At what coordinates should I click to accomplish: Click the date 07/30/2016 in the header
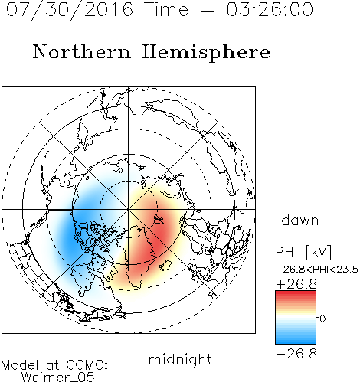pyautogui.click(x=70, y=10)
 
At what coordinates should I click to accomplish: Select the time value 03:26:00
pyautogui.click(x=270, y=9)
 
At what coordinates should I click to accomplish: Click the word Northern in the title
pyautogui.click(x=82, y=51)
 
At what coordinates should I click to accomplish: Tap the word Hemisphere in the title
pyautogui.click(x=206, y=53)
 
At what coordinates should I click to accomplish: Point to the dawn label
pyautogui.click(x=300, y=220)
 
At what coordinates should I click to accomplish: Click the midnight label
pyautogui.click(x=180, y=360)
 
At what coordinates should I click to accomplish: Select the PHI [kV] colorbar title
pyautogui.click(x=304, y=252)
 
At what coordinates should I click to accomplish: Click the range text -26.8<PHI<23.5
pyautogui.click(x=317, y=270)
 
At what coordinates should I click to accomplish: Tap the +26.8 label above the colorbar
pyautogui.click(x=296, y=284)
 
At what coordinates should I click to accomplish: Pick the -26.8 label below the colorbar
pyautogui.click(x=296, y=354)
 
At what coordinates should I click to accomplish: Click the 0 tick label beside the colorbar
pyautogui.click(x=322, y=319)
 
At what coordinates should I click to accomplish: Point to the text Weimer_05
pyautogui.click(x=58, y=378)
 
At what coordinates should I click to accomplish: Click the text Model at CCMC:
pyautogui.click(x=54, y=365)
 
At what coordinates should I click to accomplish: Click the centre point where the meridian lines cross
pyautogui.click(x=129, y=210)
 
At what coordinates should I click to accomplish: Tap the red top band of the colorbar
pyautogui.click(x=296, y=294)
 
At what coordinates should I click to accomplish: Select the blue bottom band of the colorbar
pyautogui.click(x=296, y=341)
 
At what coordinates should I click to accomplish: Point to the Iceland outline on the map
pyautogui.click(x=165, y=266)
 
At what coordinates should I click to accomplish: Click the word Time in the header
pyautogui.click(x=166, y=9)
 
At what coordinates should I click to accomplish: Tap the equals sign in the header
pyautogui.click(x=207, y=10)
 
